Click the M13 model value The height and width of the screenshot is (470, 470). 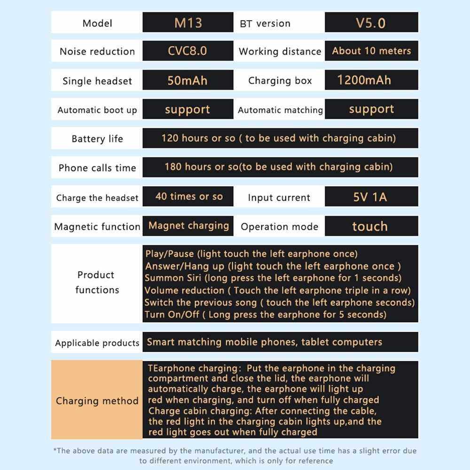coord(188,23)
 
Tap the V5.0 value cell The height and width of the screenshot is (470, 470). coord(371,23)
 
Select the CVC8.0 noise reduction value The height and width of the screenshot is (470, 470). coord(188,51)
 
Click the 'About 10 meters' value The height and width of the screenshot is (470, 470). coord(371,51)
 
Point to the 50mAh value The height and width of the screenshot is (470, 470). coord(188,80)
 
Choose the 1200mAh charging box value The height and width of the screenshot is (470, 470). coord(364,80)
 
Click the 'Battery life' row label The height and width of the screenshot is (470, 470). coord(97,139)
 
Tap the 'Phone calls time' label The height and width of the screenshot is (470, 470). coord(97,168)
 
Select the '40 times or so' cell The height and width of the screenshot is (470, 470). coord(189,196)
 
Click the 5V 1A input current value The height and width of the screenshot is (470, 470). coord(370,197)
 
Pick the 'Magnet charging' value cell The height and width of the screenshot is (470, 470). coord(188,226)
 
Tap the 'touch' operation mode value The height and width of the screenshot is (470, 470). coord(370,226)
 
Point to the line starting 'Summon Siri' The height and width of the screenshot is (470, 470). coord(273,278)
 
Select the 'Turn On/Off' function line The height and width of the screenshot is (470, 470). coord(266,314)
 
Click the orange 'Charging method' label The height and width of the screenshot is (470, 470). coord(97,401)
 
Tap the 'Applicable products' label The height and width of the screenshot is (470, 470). coord(97,343)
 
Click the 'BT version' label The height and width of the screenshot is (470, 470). coord(265,23)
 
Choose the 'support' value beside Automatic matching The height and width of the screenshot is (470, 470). coord(371,109)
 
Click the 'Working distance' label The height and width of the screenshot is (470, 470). coord(280,52)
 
